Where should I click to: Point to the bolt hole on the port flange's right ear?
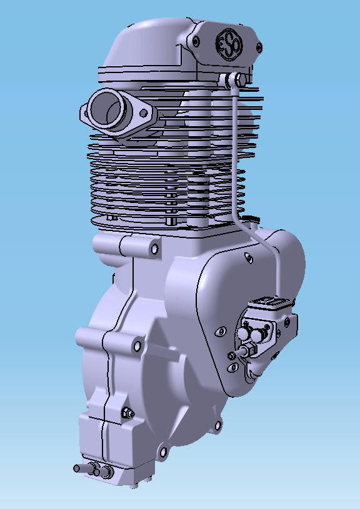tap(144, 114)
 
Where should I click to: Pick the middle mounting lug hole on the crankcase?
tap(136, 344)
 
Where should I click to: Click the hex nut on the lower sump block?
tap(127, 412)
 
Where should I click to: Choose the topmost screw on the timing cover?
tap(248, 256)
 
